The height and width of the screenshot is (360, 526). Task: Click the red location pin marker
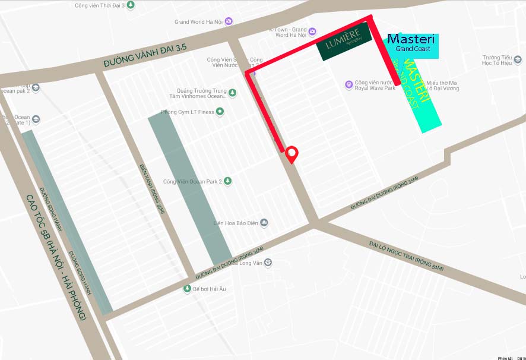291,153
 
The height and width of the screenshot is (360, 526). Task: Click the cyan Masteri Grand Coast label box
413,45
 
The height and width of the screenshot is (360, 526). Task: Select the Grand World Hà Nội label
198,22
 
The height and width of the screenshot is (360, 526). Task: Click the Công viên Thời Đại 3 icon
131,5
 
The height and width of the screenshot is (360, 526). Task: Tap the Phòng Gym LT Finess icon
220,111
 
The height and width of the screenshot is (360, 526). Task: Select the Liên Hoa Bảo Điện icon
264,223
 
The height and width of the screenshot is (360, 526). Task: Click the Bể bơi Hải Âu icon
186,289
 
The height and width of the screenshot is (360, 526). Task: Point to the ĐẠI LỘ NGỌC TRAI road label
405,256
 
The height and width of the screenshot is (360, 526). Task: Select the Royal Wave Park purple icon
349,85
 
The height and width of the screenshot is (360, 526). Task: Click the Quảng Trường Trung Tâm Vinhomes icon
232,93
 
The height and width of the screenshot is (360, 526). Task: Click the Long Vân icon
268,262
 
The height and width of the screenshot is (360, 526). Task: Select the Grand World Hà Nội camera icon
229,22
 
